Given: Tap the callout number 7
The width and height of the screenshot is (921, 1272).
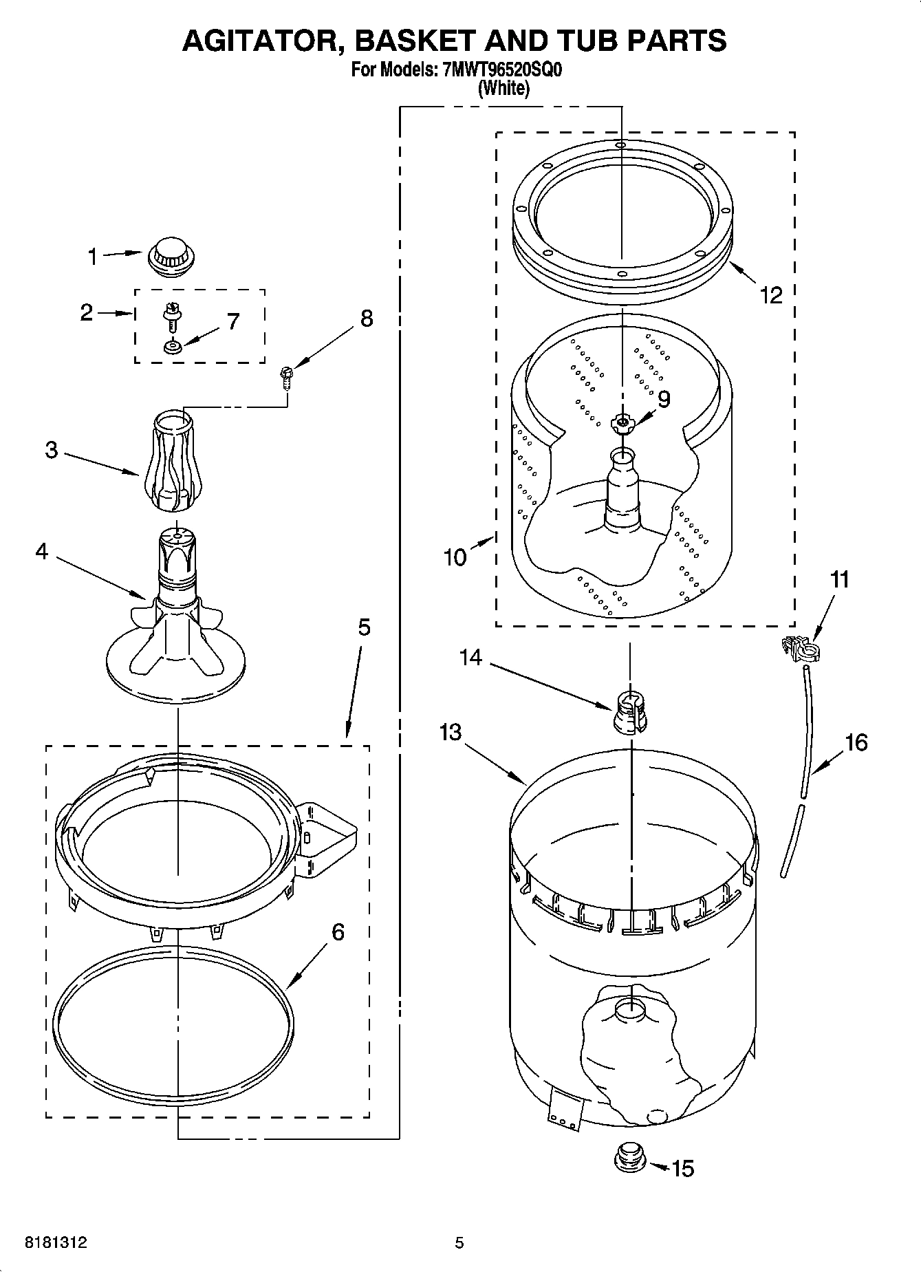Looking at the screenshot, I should (x=233, y=321).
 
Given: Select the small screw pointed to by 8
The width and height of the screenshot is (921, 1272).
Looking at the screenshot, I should (x=284, y=378).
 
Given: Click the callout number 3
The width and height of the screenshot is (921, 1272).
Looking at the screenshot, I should (x=52, y=451).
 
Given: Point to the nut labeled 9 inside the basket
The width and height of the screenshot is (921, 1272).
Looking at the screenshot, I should (x=621, y=423).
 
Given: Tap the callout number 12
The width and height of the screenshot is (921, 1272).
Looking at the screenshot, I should (x=771, y=295).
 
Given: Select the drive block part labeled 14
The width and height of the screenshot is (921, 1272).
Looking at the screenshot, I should (x=628, y=711).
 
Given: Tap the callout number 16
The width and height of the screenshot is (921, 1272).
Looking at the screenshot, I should (x=856, y=742).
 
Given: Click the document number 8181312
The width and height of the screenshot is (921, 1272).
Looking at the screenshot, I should (x=56, y=1242).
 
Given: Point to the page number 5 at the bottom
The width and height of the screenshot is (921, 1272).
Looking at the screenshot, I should (x=459, y=1242).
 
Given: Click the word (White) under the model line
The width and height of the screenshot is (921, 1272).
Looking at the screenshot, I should (x=503, y=88).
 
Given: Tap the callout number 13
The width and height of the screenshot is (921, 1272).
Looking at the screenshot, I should (x=451, y=733).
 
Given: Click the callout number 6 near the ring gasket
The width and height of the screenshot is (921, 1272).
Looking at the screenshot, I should (x=338, y=932).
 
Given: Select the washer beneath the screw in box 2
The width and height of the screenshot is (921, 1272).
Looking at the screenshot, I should (x=171, y=347).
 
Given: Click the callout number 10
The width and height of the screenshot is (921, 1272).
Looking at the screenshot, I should (x=455, y=557).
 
